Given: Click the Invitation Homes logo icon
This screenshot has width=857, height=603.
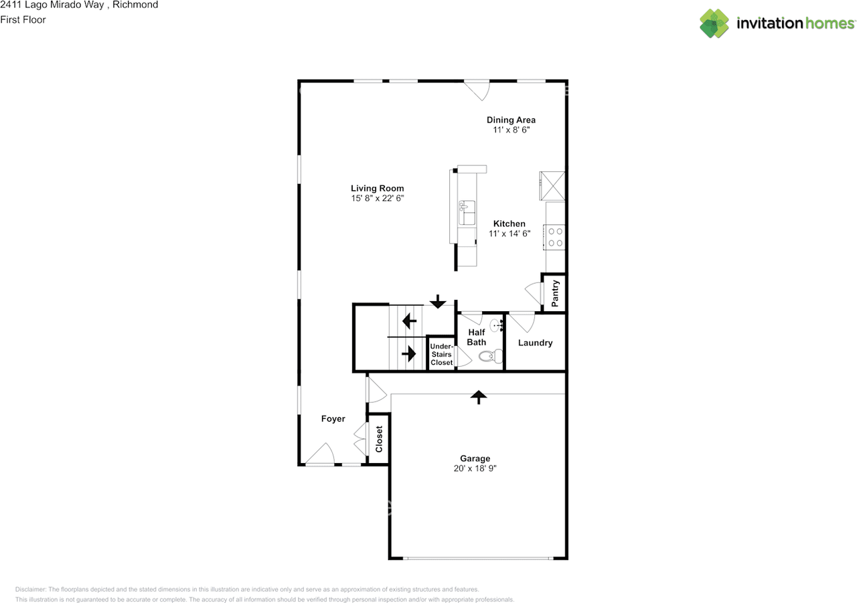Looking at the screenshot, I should [x=714, y=23].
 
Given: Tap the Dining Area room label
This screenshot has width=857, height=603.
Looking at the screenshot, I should [x=511, y=120].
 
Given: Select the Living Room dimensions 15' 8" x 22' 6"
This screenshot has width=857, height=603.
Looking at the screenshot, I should [x=378, y=199].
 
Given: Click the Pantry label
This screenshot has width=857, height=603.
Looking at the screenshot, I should [x=555, y=293].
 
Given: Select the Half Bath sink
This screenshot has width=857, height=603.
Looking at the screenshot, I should [x=496, y=326].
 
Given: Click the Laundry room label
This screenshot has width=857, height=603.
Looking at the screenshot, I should [x=536, y=343].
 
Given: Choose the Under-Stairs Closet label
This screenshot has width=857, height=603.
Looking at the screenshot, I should [x=441, y=354].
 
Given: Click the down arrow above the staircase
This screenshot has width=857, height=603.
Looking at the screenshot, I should [x=438, y=302].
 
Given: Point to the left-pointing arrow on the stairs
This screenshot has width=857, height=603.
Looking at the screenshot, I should [x=410, y=323].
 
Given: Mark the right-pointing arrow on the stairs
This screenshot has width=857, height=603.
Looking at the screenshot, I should [x=408, y=353].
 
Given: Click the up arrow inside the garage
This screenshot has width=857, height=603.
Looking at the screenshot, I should [x=478, y=398].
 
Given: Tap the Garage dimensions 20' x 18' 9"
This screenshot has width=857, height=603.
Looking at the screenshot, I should [x=475, y=469].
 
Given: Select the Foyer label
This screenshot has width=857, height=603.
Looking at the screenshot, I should [x=333, y=419].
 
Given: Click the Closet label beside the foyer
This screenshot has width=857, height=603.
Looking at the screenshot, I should [x=379, y=439].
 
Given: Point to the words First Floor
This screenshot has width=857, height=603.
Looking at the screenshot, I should [x=23, y=19].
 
